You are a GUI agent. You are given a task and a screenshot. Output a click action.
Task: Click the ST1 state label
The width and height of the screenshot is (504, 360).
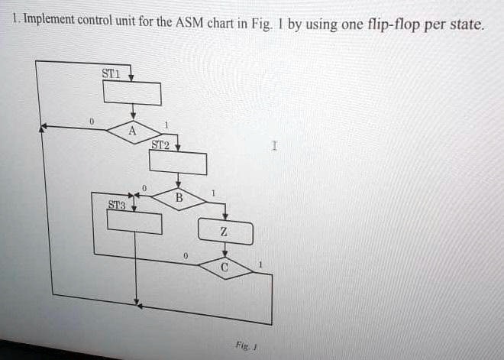click(x=111, y=73)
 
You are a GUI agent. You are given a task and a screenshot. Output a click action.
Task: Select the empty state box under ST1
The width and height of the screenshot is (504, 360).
click(x=132, y=93)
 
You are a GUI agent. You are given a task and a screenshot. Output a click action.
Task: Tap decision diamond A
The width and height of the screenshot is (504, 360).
click(x=134, y=132)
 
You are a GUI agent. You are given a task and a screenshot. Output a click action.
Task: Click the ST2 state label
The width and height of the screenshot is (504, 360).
click(x=160, y=145)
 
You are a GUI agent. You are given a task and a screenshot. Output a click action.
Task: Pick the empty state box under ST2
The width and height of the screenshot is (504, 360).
click(x=178, y=163)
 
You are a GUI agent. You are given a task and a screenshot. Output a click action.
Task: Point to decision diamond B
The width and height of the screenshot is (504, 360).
click(x=179, y=199)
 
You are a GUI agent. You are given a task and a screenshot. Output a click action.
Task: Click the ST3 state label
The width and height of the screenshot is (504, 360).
click(x=117, y=205)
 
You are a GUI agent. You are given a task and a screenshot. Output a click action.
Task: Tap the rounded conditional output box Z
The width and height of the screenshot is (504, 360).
click(x=225, y=232)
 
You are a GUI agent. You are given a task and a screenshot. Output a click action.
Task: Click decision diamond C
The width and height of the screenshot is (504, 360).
click(x=225, y=268)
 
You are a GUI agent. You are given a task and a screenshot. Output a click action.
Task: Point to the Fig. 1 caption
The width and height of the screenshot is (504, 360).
click(x=246, y=346)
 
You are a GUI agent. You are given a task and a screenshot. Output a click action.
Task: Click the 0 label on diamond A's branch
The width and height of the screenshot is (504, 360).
click(x=92, y=122)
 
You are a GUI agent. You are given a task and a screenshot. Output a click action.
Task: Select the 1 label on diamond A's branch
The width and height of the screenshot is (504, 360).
click(x=166, y=125)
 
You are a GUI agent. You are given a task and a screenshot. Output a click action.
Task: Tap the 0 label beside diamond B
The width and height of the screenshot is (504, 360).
click(x=144, y=188)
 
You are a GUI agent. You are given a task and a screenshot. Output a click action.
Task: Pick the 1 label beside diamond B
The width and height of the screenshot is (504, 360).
click(x=213, y=193)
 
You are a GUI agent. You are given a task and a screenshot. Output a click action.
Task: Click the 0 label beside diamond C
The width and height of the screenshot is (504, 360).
click(x=185, y=256)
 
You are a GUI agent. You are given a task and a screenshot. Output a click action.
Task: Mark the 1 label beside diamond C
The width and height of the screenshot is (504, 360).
click(x=260, y=264)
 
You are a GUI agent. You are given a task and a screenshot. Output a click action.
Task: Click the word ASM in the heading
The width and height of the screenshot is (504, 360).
click(x=189, y=22)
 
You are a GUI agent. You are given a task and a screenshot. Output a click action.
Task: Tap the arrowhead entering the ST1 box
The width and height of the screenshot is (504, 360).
click(x=131, y=77)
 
